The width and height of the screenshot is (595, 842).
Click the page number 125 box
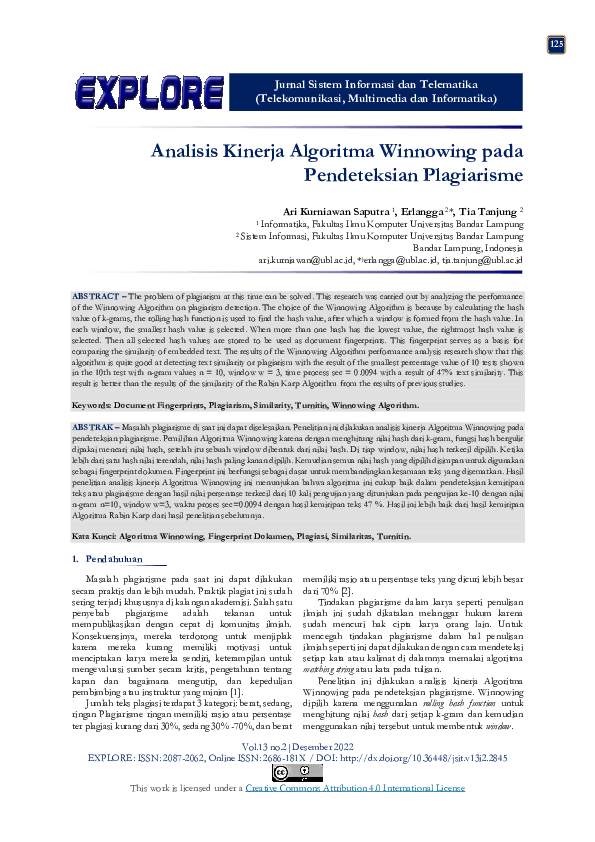[x=557, y=43]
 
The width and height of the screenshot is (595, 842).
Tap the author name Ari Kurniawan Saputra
[x=336, y=212]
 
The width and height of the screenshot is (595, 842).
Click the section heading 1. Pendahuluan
[x=108, y=560]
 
